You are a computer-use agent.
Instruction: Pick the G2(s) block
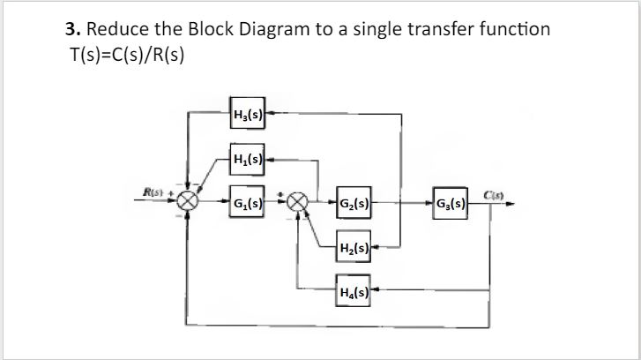pyautogui.click(x=355, y=202)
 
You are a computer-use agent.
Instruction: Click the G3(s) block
pyautogui.click(x=455, y=202)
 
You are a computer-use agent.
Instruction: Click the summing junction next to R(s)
pyautogui.click(x=186, y=201)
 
